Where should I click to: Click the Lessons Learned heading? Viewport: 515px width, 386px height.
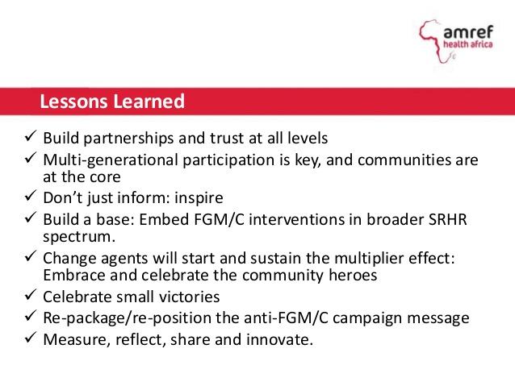(x=112, y=102)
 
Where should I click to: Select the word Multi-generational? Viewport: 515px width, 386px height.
(x=111, y=159)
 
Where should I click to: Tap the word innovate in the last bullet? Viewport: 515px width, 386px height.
(x=279, y=339)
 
